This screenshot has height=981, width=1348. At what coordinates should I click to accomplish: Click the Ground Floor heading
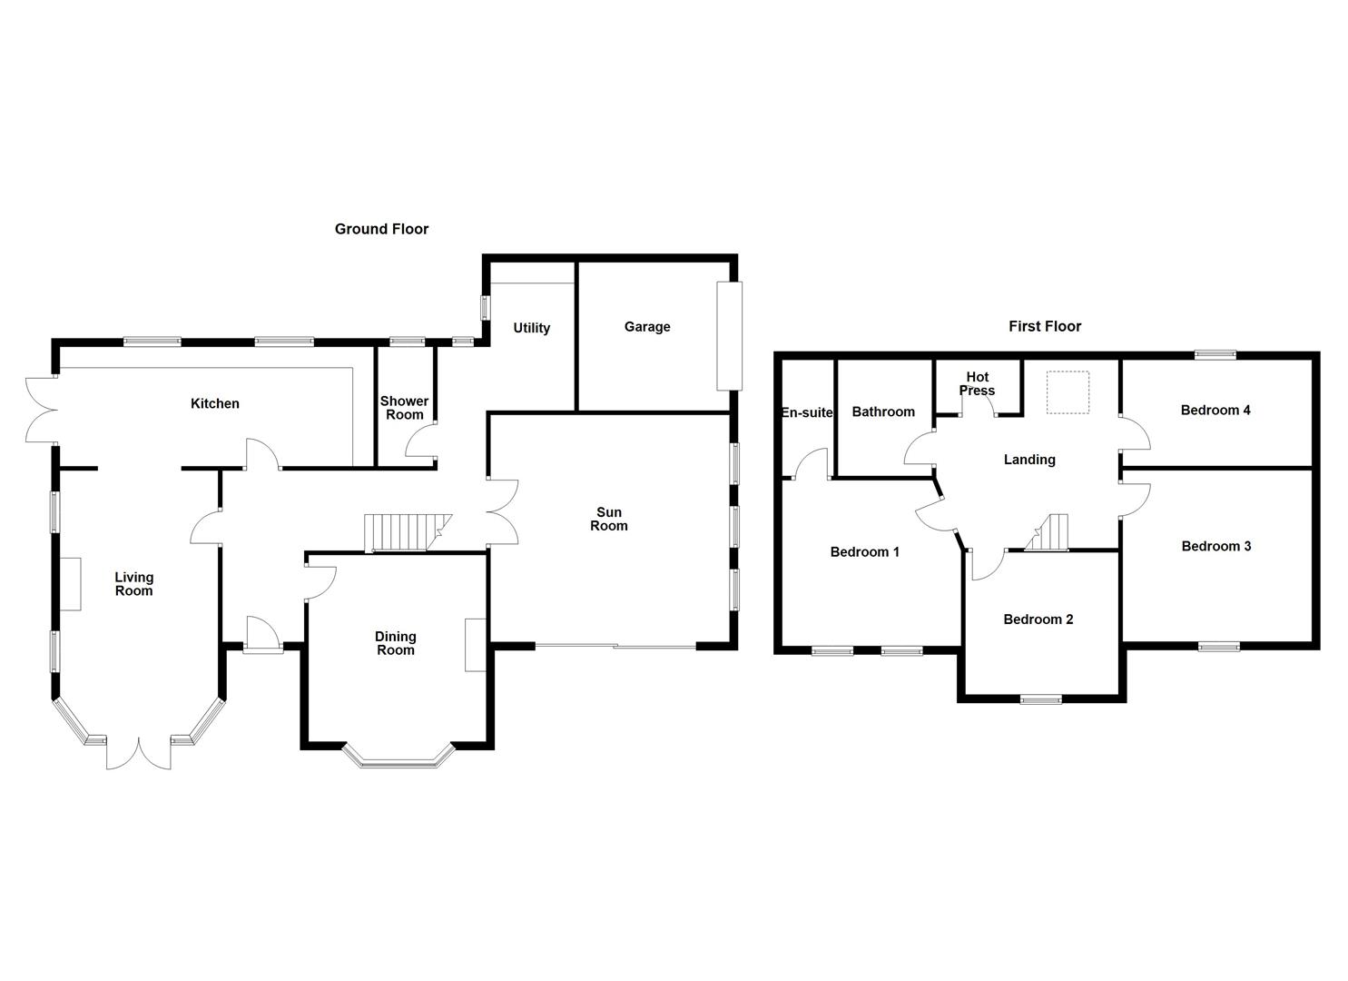click(x=381, y=229)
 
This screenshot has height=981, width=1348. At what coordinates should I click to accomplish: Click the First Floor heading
click(x=1045, y=326)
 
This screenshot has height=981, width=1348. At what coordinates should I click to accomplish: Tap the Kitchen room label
click(x=215, y=403)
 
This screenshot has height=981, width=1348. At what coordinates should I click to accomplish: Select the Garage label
click(x=647, y=327)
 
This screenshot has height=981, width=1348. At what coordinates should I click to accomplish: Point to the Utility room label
click(x=531, y=328)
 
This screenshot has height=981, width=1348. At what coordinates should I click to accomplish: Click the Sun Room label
click(x=608, y=519)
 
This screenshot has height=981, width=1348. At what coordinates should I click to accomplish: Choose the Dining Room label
click(x=396, y=643)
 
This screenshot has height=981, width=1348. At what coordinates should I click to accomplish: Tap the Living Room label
click(x=133, y=584)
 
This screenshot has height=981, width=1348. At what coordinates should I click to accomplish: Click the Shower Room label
click(x=405, y=408)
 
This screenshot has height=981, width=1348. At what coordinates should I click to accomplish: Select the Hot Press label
click(x=978, y=383)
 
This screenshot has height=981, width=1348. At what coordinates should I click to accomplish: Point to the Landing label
click(x=1029, y=461)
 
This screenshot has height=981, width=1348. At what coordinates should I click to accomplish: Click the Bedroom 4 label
click(x=1215, y=410)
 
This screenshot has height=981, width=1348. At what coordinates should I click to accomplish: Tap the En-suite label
click(x=807, y=412)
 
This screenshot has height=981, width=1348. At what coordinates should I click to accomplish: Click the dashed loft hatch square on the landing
click(x=1068, y=392)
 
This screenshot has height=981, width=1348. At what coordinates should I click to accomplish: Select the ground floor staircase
click(x=408, y=533)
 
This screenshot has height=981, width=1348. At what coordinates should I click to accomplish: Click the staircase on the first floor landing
click(x=1047, y=532)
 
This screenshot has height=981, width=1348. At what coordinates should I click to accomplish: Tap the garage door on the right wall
click(x=729, y=336)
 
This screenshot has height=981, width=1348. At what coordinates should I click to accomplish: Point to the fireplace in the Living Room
click(x=71, y=584)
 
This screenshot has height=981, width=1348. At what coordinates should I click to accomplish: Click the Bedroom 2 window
click(x=1041, y=699)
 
